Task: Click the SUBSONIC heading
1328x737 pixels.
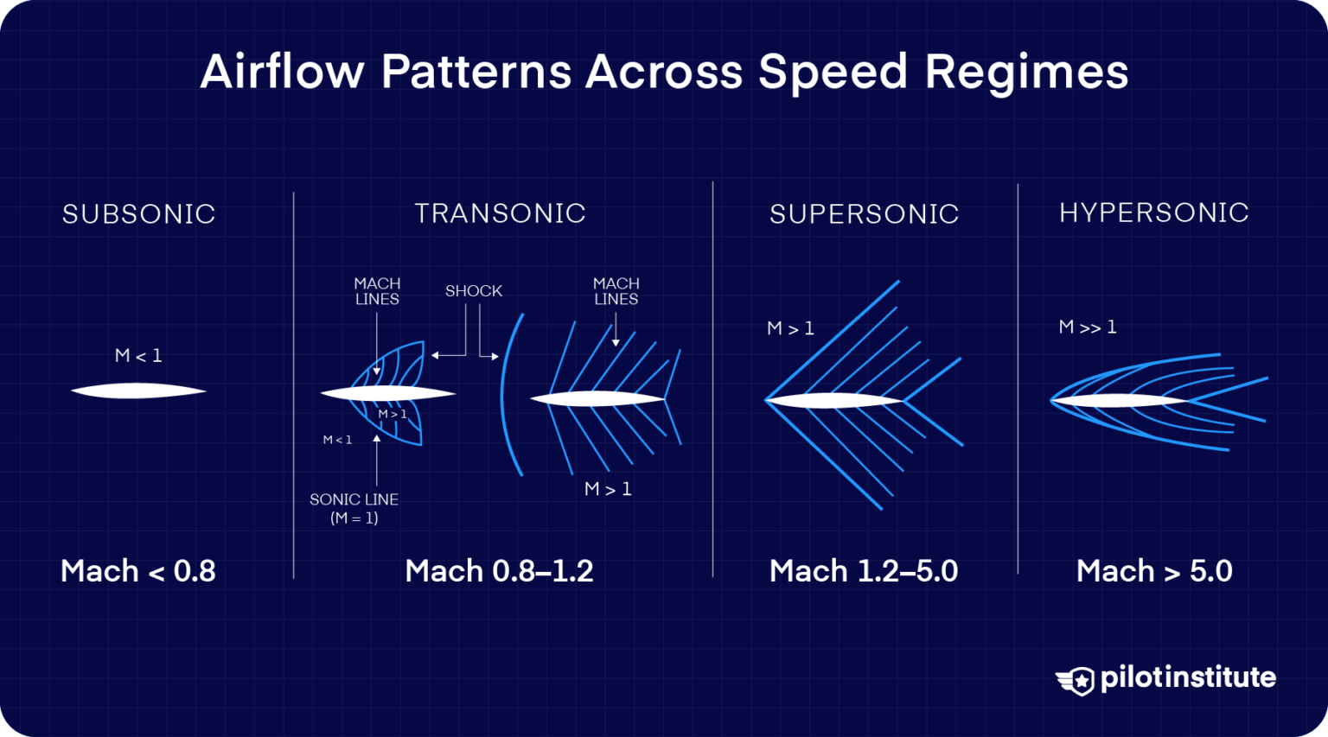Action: (x=138, y=214)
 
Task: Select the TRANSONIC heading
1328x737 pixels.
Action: (x=500, y=213)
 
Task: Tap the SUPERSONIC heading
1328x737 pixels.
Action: (x=864, y=214)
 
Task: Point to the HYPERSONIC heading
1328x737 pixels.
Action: (x=1153, y=213)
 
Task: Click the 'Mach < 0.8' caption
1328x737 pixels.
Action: (x=138, y=571)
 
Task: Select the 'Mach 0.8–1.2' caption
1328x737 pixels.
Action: (x=499, y=571)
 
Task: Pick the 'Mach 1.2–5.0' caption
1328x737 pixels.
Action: (x=863, y=571)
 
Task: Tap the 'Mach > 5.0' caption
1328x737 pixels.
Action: (x=1153, y=571)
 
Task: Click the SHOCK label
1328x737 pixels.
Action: (x=473, y=291)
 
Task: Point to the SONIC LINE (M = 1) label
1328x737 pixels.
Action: (x=354, y=509)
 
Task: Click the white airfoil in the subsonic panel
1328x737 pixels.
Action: (x=138, y=391)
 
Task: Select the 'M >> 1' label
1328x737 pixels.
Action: (x=1087, y=327)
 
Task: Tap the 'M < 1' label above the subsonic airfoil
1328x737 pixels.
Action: (x=138, y=355)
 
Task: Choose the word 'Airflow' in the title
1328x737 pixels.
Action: (x=282, y=72)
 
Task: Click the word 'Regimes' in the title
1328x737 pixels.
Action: (x=1026, y=72)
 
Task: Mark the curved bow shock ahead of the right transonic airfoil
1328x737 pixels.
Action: (x=505, y=393)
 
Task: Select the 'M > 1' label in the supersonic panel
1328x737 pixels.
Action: (x=790, y=328)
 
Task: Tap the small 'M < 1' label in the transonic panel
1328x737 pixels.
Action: (x=337, y=440)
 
